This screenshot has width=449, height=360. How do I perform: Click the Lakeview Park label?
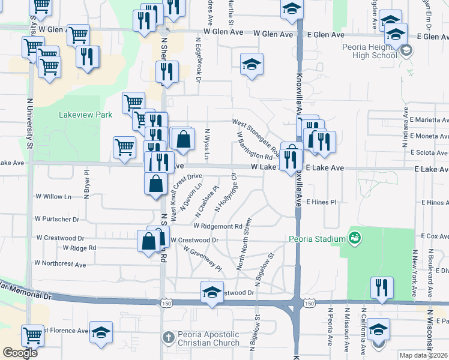tap(86, 114)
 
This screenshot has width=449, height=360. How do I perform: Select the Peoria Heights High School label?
tap(367, 51)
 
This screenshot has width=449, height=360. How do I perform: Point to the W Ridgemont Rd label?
tap(217, 226)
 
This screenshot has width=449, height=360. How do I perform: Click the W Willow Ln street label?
tap(53, 196)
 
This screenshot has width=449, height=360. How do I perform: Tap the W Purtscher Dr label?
tap(57, 220)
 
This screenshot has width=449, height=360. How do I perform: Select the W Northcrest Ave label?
tap(60, 263)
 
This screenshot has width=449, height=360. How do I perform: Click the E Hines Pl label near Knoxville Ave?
tap(321, 202)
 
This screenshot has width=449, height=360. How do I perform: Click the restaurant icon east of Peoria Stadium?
tap(382, 287)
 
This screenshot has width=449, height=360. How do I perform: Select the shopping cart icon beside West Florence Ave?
tap(32, 335)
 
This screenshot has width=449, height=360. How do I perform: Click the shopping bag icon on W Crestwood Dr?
tap(148, 242)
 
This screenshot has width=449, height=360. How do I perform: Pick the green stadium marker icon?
tap(355, 238)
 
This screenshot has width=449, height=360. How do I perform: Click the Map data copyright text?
tap(423, 355)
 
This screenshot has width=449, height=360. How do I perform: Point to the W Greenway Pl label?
tap(202, 258)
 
